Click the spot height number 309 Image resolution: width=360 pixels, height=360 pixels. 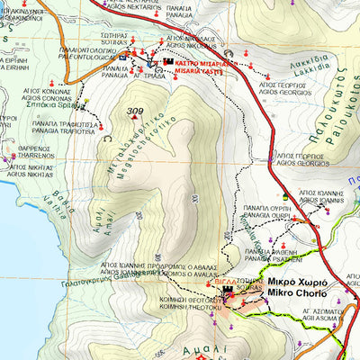click(x=136, y=112)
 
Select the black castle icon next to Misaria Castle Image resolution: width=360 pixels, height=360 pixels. click(x=167, y=64)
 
